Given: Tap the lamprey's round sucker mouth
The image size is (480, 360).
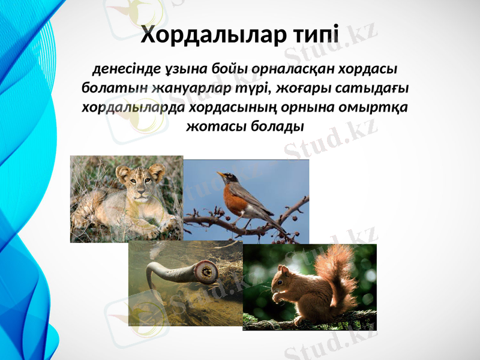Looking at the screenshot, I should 209,274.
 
